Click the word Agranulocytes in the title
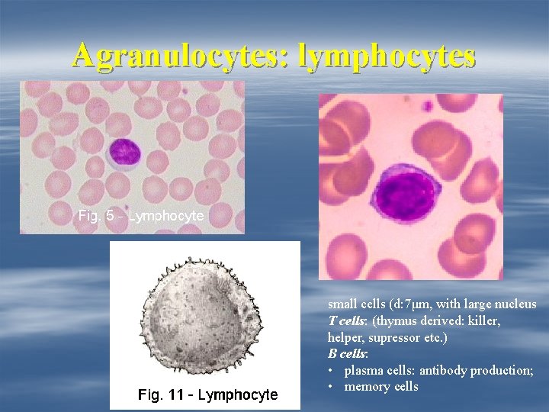180,55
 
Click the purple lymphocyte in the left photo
124,153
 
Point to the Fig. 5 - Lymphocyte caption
141,216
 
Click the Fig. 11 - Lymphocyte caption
207,394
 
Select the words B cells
348,354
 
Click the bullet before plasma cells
332,371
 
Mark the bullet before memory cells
332,387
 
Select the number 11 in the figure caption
175,394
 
